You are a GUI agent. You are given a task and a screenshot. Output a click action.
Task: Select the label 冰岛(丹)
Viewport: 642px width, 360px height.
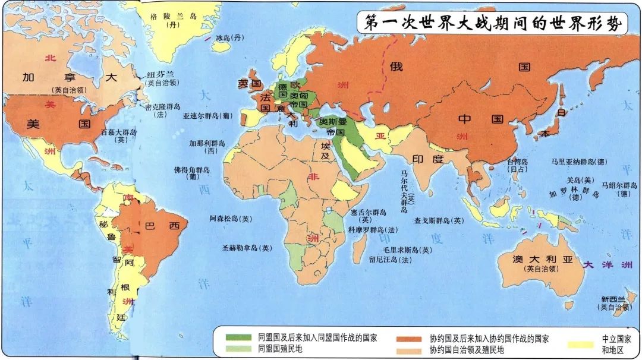click(230, 38)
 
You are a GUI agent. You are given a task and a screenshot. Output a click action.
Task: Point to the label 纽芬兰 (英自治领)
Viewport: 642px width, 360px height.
click(162, 78)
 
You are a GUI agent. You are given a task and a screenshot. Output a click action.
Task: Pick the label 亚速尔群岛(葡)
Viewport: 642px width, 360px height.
click(207, 116)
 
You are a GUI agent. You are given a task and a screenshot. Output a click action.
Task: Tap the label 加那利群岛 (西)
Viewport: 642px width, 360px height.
click(207, 147)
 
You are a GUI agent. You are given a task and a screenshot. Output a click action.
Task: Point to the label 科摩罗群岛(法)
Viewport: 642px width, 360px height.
click(373, 229)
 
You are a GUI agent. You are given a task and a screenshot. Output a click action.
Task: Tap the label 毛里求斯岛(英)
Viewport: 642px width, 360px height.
click(407, 250)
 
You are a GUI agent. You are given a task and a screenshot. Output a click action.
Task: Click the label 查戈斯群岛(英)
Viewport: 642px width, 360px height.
click(439, 220)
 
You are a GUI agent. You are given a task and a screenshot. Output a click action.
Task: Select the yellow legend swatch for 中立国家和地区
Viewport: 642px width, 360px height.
click(580, 344)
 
